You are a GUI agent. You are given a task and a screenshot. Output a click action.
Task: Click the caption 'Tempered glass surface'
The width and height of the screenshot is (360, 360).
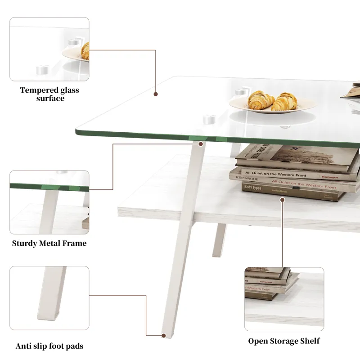tap(49, 94)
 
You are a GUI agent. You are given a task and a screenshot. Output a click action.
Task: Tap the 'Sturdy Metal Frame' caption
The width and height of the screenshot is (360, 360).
tap(49, 243)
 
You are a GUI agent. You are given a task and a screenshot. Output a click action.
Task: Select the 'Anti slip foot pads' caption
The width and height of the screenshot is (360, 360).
tap(49, 346)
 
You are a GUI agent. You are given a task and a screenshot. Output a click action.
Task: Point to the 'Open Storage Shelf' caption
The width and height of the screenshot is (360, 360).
tap(284, 341)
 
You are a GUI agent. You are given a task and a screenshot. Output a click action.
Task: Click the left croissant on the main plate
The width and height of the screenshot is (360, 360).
tap(261, 99)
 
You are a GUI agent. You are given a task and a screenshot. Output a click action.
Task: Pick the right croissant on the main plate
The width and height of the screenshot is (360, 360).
tap(285, 101)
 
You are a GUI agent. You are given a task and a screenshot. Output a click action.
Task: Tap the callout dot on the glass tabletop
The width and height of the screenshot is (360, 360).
tap(156, 94)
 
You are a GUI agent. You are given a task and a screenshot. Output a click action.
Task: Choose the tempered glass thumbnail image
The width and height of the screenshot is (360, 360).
tap(49, 49)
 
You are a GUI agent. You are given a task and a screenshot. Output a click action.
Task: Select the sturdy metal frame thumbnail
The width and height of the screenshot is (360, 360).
tap(49, 202)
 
